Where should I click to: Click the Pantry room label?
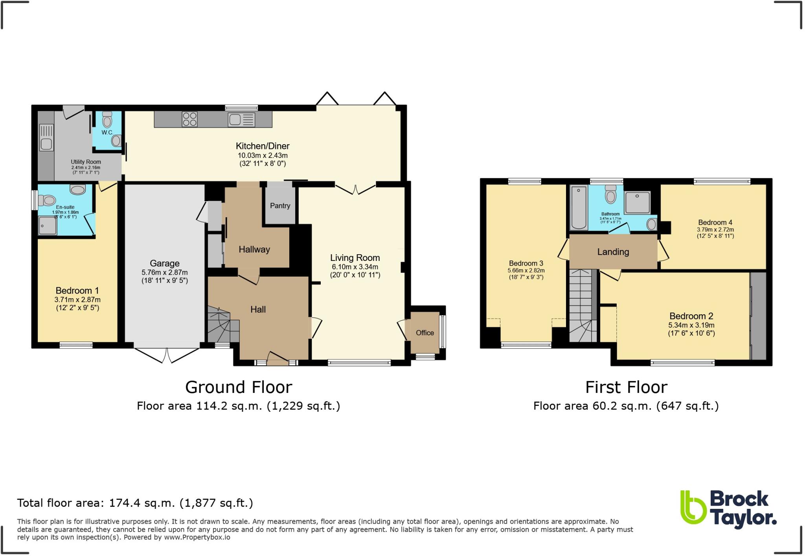(280, 206)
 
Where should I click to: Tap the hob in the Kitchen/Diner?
(189, 119)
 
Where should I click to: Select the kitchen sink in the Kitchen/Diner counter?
(235, 119)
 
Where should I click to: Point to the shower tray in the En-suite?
(47, 226)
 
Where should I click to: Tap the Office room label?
(425, 333)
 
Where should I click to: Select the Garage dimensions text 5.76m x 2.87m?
(164, 272)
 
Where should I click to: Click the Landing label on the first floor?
(613, 252)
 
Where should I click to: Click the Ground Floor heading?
(239, 387)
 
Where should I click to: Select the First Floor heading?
(626, 387)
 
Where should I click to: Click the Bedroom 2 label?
(691, 316)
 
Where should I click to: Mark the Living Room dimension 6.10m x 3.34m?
(355, 267)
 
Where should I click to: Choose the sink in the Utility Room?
(46, 144)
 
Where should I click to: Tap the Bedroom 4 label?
(715, 222)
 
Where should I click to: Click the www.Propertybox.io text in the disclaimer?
(197, 537)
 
